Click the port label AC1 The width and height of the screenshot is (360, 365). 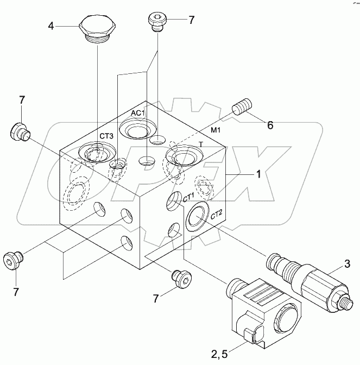(138, 112)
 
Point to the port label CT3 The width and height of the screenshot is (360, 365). (106, 136)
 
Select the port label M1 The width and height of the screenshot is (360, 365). (216, 130)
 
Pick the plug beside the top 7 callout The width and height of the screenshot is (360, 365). (157, 23)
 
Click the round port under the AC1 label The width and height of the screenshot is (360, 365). (134, 130)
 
